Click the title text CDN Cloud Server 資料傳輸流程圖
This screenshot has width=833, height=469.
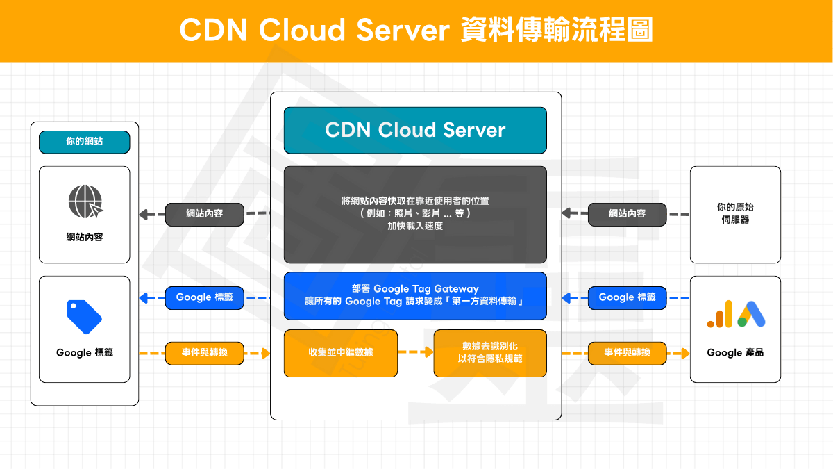pyautogui.click(x=416, y=31)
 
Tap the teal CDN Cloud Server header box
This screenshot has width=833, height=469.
pyautogui.click(x=415, y=130)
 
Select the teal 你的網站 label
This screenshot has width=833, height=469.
pyautogui.click(x=84, y=142)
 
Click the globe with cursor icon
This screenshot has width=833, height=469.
pyautogui.click(x=85, y=201)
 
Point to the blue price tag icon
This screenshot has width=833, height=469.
pyautogui.click(x=84, y=317)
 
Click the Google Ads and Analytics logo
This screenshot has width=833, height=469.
pyautogui.click(x=736, y=314)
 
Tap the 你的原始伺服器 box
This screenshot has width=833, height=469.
pyautogui.click(x=735, y=214)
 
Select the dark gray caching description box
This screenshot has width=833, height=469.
pyautogui.click(x=415, y=214)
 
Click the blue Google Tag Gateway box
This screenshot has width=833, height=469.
pyautogui.click(x=415, y=295)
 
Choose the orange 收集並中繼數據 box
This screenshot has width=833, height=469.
pyautogui.click(x=341, y=353)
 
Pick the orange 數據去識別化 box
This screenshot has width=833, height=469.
pyautogui.click(x=490, y=353)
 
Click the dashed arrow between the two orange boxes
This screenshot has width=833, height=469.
pyautogui.click(x=416, y=353)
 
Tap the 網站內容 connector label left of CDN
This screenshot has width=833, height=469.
pyautogui.click(x=205, y=214)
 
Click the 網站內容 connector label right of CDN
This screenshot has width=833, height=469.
pyautogui.click(x=627, y=214)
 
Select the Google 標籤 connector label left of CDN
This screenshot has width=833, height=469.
pyautogui.click(x=205, y=297)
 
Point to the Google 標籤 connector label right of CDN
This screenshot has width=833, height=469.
pyautogui.click(x=627, y=297)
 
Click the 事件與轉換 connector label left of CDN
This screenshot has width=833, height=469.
pyautogui.click(x=205, y=353)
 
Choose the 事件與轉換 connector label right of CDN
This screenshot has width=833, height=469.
pyautogui.click(x=627, y=353)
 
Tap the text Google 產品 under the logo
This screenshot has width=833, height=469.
pyautogui.click(x=735, y=353)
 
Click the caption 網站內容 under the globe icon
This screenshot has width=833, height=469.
pyautogui.click(x=84, y=238)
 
